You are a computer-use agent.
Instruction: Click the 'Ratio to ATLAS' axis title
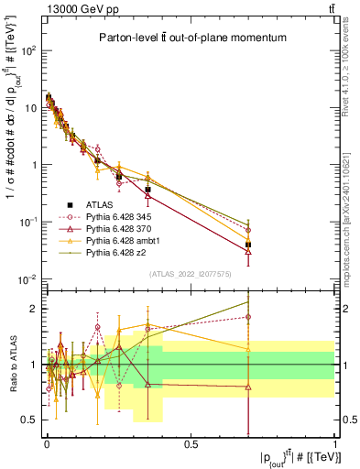point(12,365)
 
